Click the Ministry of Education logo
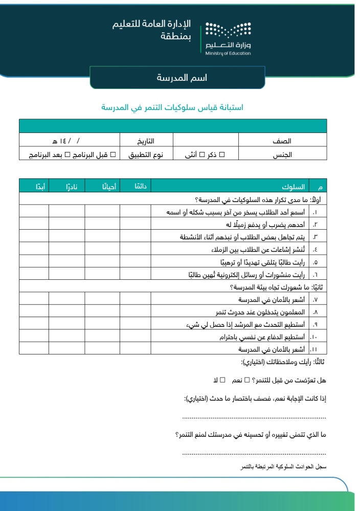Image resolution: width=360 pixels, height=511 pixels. [228, 38]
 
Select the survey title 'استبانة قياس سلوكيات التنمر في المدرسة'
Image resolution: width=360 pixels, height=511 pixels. [172, 107]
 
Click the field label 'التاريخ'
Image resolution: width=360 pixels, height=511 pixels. [146, 140]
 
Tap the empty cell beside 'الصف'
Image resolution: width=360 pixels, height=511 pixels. [206, 140]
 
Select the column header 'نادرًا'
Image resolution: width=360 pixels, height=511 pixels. [67, 186]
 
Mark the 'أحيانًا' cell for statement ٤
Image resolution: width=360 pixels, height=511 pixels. [102, 249]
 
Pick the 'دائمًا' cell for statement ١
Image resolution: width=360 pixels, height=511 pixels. [136, 212]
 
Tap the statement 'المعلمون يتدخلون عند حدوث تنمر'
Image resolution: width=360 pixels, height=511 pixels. [260, 312]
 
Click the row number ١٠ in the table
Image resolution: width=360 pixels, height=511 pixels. [314, 337]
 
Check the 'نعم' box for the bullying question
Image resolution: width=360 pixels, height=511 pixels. [247, 380]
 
